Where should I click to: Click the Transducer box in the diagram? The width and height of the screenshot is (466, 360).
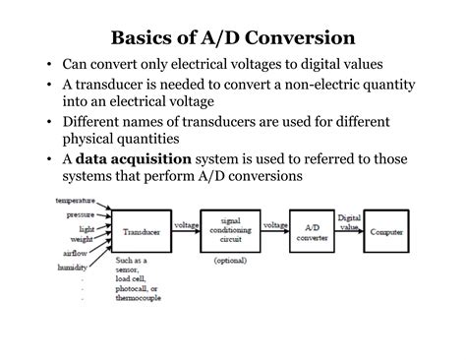click(142, 232)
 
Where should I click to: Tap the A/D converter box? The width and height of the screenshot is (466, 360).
click(312, 232)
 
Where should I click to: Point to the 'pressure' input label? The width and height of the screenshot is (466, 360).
click(81, 213)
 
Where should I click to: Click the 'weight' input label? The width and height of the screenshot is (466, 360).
click(84, 239)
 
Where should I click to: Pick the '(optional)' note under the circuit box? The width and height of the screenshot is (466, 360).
click(229, 261)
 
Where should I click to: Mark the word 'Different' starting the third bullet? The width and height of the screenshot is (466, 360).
click(96, 121)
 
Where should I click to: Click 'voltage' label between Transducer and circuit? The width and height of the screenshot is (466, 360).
click(186, 225)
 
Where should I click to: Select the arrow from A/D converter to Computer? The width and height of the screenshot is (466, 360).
click(350, 233)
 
